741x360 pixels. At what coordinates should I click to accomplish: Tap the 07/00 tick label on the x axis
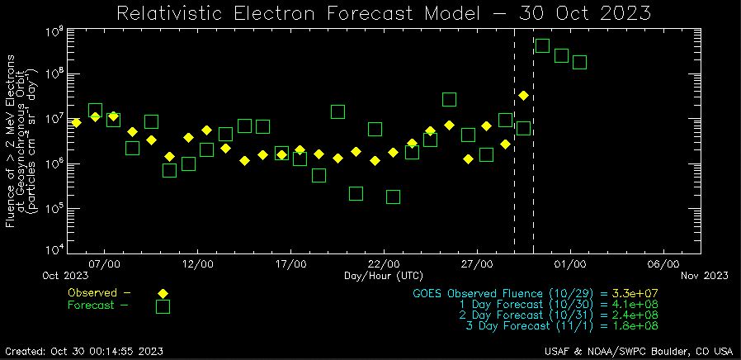105,263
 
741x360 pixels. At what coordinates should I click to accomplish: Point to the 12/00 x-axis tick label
198,263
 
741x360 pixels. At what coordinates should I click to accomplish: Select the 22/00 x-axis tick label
384,263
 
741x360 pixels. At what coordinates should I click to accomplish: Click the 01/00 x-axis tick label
570,263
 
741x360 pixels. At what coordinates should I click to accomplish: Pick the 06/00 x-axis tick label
663,263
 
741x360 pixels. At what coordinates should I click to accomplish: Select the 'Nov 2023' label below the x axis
705,275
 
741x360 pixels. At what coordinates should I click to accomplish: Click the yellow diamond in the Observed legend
163,293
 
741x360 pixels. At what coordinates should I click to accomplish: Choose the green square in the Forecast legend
163,306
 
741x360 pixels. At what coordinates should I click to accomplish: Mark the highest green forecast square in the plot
542,45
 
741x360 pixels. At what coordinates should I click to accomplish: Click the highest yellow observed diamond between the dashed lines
523,95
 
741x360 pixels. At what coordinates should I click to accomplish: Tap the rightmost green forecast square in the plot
579,62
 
